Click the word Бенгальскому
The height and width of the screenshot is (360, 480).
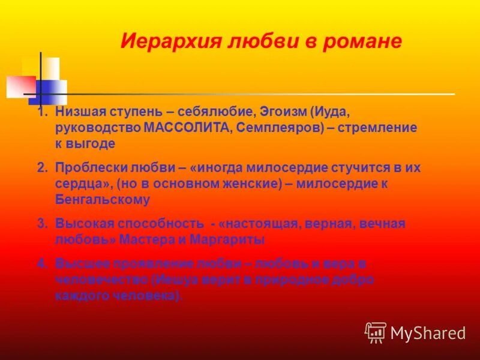(x=103, y=200)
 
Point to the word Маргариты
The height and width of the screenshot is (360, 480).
(x=231, y=239)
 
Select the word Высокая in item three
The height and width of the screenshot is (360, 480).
(x=80, y=224)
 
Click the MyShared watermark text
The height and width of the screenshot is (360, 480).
(x=428, y=332)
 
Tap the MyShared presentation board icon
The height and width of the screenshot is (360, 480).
(x=376, y=332)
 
